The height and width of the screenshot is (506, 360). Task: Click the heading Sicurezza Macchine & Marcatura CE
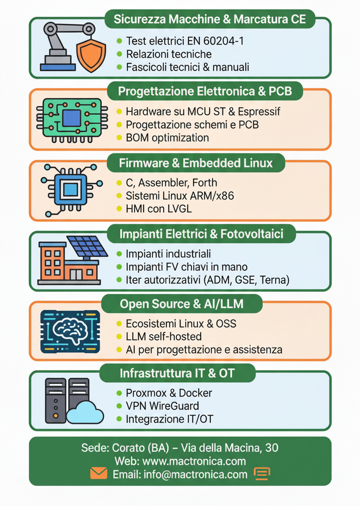click(210, 19)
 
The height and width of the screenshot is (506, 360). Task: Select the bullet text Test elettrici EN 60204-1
click(185, 41)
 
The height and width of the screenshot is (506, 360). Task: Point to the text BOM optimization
click(167, 138)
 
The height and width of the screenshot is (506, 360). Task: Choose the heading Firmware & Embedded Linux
click(195, 163)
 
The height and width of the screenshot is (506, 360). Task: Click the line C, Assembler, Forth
click(171, 183)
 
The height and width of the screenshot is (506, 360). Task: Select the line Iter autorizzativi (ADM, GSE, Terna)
click(208, 280)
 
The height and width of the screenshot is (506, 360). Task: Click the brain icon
click(70, 331)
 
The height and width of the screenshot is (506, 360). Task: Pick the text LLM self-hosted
click(164, 336)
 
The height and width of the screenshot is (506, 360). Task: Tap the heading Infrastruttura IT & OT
click(177, 373)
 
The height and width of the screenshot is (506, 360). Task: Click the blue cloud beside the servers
click(85, 412)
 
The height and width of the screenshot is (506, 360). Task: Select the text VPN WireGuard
click(162, 406)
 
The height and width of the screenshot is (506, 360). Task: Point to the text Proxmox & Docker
click(169, 393)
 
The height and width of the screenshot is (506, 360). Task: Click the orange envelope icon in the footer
click(98, 474)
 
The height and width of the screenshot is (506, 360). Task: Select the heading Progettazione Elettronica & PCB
click(205, 91)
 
